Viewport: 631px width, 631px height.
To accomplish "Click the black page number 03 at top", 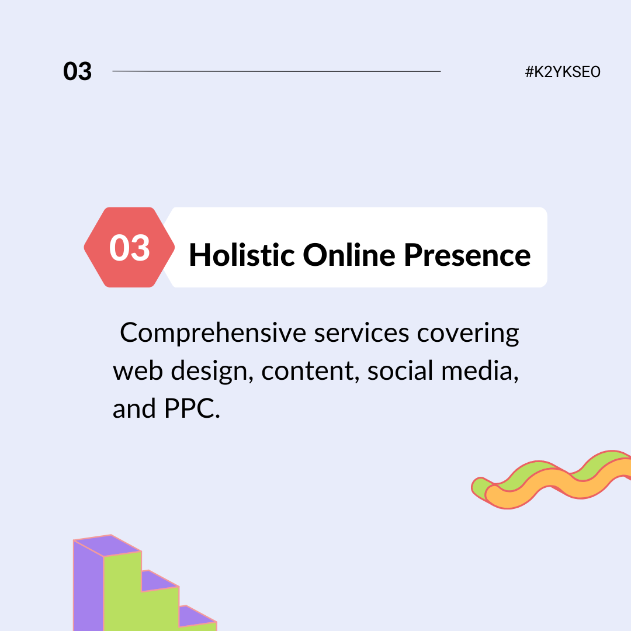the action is tap(77, 72).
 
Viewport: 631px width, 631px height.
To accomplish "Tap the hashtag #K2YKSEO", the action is tap(563, 72).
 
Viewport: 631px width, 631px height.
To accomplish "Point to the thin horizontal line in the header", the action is tap(276, 71).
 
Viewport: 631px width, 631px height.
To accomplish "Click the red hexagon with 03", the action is tap(129, 247).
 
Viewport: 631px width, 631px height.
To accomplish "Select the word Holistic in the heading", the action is tap(242, 255).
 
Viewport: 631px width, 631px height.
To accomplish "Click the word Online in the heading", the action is tap(349, 255).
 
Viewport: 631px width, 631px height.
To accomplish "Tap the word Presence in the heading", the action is tap(467, 255).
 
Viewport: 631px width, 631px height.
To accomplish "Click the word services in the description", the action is tap(362, 333).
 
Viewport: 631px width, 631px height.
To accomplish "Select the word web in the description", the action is tap(138, 371).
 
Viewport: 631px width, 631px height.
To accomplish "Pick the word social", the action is tap(400, 370).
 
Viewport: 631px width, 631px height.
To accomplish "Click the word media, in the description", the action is tap(480, 371).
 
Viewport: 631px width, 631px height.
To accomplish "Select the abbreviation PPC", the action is tap(192, 409).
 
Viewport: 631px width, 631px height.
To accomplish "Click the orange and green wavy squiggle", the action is tap(552, 480).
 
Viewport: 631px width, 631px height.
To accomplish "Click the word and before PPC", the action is tap(134, 408).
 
